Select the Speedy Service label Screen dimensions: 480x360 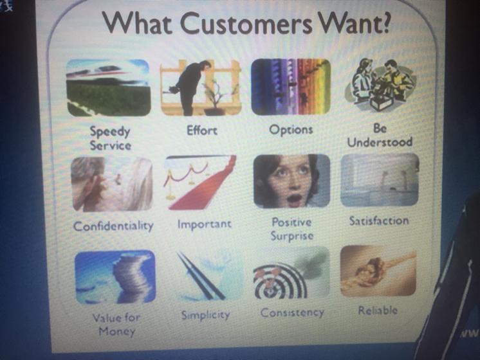[111, 138]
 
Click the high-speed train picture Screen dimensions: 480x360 [108, 88]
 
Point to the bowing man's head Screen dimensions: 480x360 [205, 66]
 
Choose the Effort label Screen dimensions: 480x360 [202, 130]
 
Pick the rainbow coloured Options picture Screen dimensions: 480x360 [291, 87]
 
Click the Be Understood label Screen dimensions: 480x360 [380, 135]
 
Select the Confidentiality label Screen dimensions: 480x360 [113, 226]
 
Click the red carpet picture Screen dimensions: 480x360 [201, 183]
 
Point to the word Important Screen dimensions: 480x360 [205, 224]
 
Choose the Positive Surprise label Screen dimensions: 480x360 [291, 229]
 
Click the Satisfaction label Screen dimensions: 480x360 [379, 221]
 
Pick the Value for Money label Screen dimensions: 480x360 [116, 325]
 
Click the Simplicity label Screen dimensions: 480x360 [205, 315]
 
